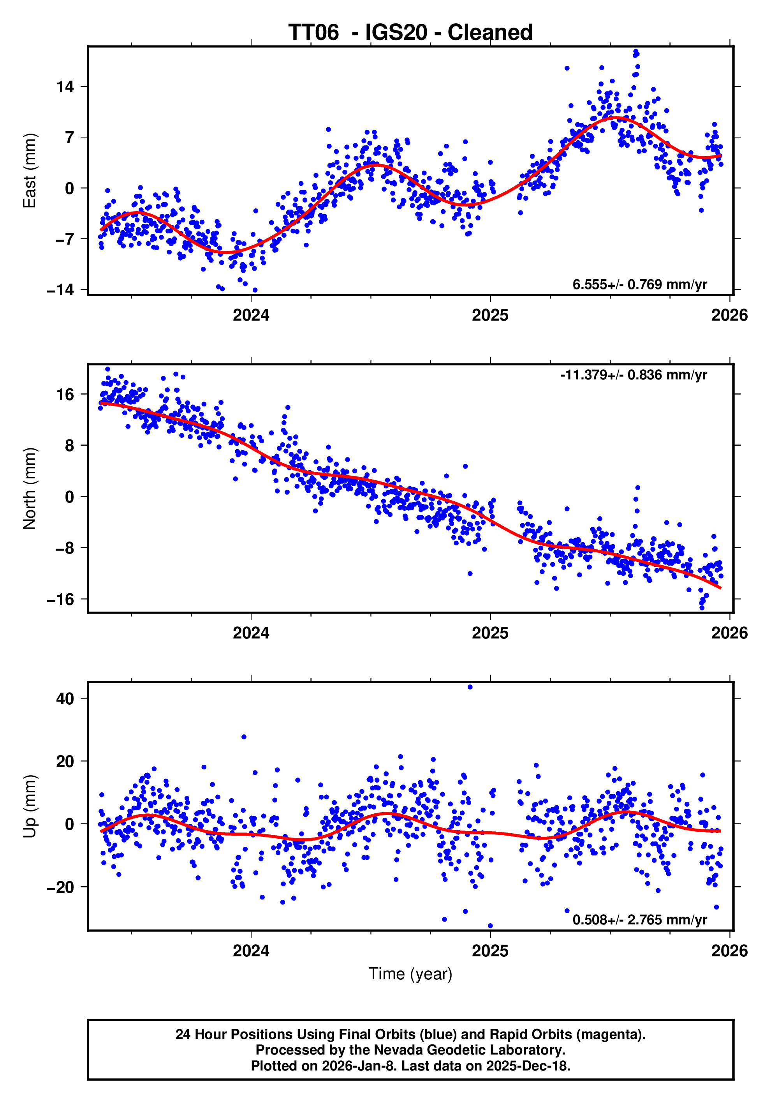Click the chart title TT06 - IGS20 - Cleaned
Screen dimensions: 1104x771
(x=410, y=33)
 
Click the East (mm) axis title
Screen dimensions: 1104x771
(x=30, y=171)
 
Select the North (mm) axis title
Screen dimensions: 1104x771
(x=30, y=489)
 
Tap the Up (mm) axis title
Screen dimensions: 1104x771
(x=30, y=806)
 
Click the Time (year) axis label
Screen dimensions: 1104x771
(x=410, y=973)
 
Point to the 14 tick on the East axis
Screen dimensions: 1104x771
(x=65, y=87)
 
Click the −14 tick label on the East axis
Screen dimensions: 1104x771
(x=61, y=290)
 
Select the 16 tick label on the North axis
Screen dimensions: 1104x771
(x=65, y=395)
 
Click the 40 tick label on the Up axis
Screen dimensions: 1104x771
(x=65, y=698)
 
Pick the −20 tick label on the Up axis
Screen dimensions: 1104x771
(x=61, y=887)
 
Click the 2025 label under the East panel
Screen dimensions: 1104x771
(x=490, y=316)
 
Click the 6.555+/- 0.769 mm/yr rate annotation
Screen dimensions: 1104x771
(x=639, y=285)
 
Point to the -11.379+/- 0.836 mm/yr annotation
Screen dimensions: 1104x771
(x=634, y=375)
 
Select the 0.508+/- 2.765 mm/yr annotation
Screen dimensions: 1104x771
(x=639, y=920)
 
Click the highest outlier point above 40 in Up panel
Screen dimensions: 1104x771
(x=470, y=687)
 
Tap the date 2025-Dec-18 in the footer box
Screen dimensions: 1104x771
(x=528, y=1066)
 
